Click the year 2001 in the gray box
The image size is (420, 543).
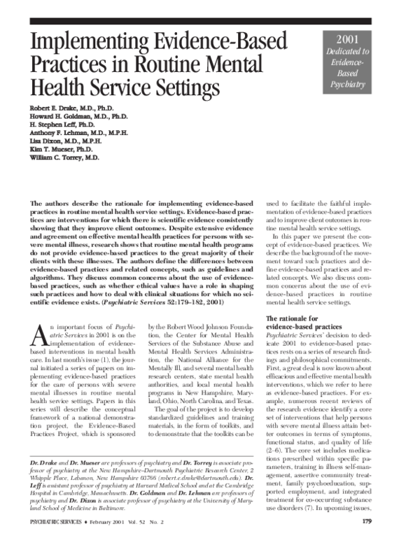click(x=348, y=39)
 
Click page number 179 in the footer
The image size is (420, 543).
click(x=386, y=521)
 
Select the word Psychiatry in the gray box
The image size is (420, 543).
click(x=348, y=85)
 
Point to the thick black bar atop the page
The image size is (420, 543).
click(x=210, y=22)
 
